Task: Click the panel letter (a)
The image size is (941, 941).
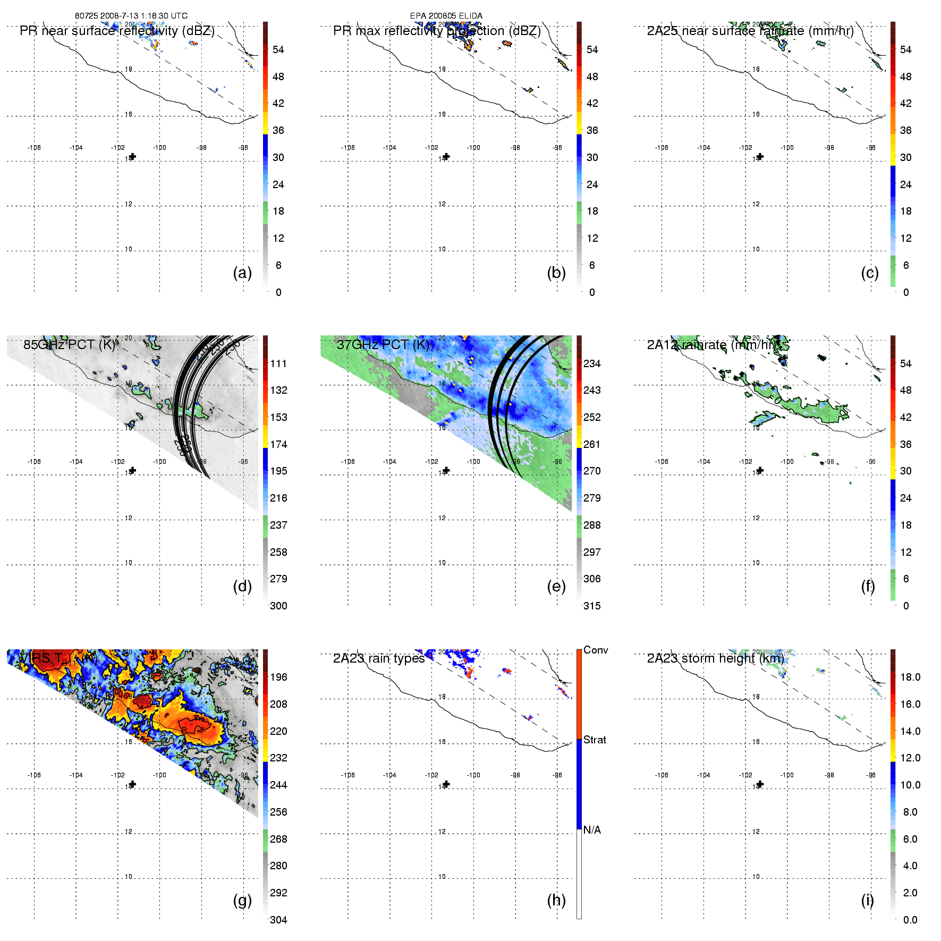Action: click(x=242, y=273)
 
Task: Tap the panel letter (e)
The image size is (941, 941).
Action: click(x=556, y=587)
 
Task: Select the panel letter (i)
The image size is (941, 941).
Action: click(x=867, y=901)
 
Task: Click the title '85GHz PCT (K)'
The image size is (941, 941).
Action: click(x=70, y=345)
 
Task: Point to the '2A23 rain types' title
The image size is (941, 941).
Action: click(x=379, y=659)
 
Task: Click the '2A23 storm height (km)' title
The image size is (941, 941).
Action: click(x=715, y=659)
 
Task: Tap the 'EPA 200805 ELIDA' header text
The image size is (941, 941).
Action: click(x=446, y=16)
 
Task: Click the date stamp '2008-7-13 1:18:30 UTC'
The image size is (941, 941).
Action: click(x=144, y=16)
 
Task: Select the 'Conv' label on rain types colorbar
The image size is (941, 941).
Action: click(x=596, y=650)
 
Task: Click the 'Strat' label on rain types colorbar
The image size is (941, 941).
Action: click(x=595, y=740)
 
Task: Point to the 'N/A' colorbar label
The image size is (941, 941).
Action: click(x=592, y=830)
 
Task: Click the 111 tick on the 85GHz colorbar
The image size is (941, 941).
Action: click(x=278, y=364)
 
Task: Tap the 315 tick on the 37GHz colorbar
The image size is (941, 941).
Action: click(x=592, y=606)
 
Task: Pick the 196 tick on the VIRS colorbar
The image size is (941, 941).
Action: click(x=278, y=677)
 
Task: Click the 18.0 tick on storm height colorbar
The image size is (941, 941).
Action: click(x=910, y=677)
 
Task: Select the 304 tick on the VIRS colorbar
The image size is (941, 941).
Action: click(x=278, y=920)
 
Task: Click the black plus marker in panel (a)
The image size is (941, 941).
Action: click(x=133, y=157)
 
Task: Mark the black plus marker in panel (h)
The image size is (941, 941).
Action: click(x=446, y=784)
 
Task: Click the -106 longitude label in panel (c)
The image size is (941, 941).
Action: click(x=662, y=148)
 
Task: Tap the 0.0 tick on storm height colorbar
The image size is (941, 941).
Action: click(x=910, y=920)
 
